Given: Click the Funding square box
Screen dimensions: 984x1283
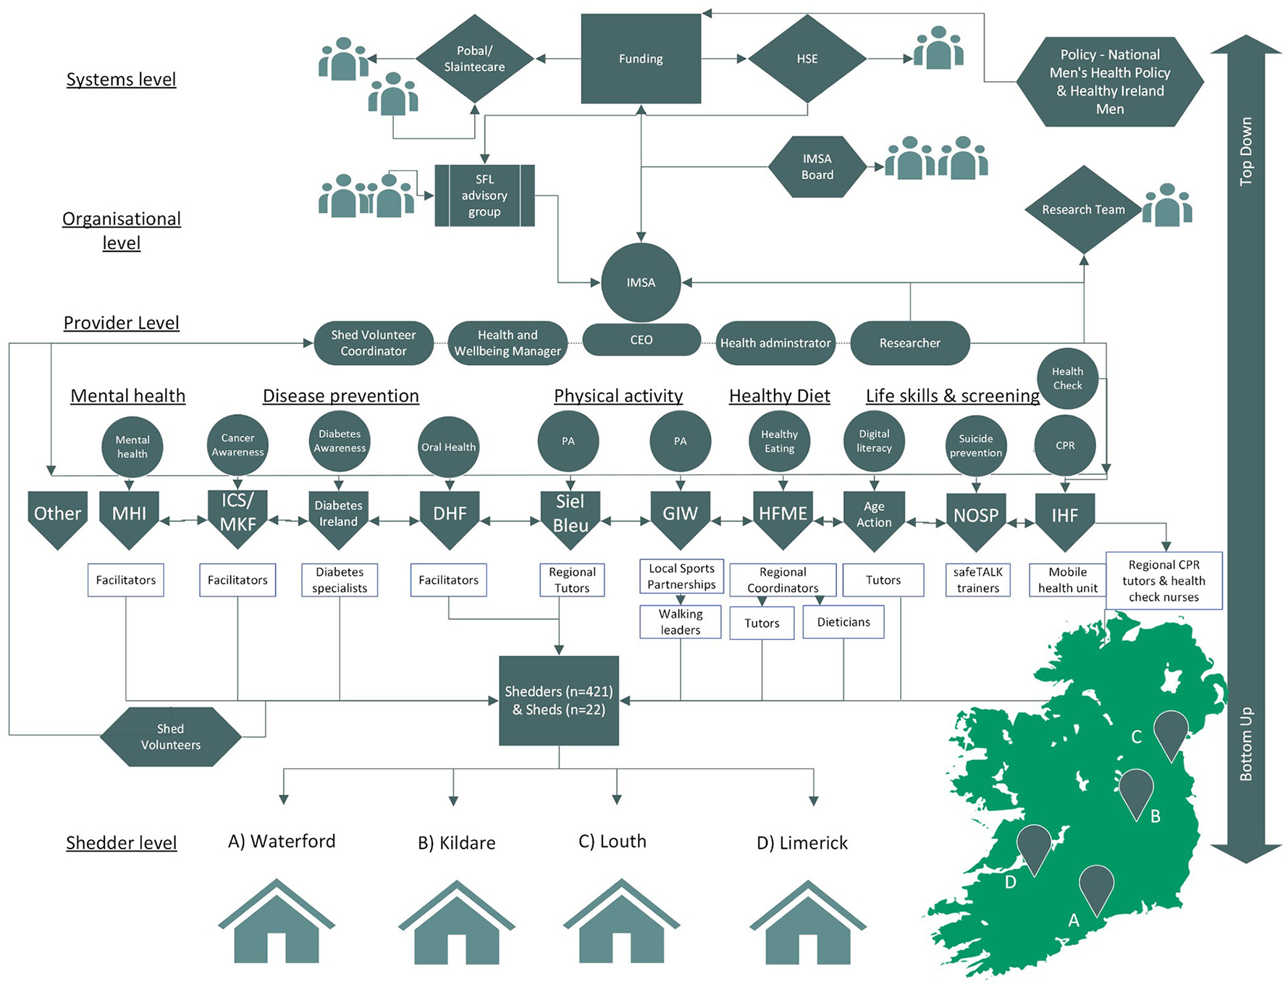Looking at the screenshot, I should tap(641, 59).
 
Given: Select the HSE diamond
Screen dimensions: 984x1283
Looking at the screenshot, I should tap(807, 59).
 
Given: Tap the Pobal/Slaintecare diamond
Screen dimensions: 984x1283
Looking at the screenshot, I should tap(474, 59).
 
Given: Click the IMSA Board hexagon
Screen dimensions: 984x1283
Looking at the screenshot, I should tap(817, 167).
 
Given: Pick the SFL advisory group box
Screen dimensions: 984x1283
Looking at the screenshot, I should tap(484, 195).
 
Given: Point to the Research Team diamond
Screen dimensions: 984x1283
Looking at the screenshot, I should tap(1083, 209).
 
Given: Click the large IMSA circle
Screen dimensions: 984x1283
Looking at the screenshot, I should tap(641, 282).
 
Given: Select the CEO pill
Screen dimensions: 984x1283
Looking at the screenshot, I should tap(641, 340).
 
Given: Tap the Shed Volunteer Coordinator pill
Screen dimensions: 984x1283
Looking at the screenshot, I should tap(374, 343).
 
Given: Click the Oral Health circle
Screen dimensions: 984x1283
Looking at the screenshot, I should tap(449, 447).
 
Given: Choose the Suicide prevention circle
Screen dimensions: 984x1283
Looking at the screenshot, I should tap(976, 445).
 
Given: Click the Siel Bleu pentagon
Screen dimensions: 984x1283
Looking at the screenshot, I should tap(571, 516).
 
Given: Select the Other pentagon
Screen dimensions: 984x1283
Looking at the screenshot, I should tap(58, 516).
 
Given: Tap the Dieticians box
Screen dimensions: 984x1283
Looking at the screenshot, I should tap(844, 622).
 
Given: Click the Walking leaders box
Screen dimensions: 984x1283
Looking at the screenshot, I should tap(680, 622).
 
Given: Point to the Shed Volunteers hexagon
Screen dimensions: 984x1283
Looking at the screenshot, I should tap(171, 736).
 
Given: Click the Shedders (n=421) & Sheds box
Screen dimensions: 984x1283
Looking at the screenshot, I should tap(559, 700).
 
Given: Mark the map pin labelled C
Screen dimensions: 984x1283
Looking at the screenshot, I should tap(1170, 731).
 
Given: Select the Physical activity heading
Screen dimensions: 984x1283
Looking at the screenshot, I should tap(618, 395).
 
